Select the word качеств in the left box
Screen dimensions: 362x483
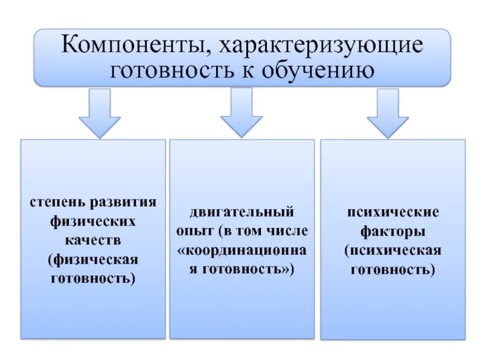point(93,240)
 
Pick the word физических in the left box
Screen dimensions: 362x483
point(93,221)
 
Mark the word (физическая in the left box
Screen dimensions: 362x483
point(93,259)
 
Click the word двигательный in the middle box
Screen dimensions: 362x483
point(241,212)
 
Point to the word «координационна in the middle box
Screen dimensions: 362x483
point(241,250)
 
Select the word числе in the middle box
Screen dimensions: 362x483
point(288,231)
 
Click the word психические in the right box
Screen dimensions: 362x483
point(392,212)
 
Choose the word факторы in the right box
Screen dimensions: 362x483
point(392,231)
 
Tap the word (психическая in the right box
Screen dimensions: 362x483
point(392,250)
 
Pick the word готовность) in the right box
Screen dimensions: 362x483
point(392,270)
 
